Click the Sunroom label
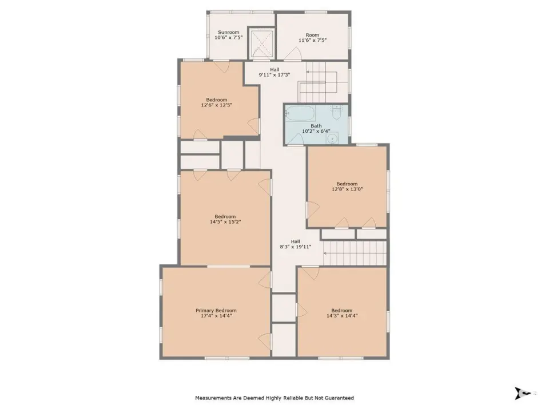click(x=228, y=32)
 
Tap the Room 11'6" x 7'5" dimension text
click(x=312, y=40)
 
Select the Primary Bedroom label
click(x=216, y=310)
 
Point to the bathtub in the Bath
click(x=300, y=113)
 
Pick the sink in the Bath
click(x=332, y=138)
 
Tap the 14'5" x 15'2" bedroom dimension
click(x=225, y=222)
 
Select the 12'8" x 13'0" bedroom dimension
click(x=347, y=189)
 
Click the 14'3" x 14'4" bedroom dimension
click(x=342, y=316)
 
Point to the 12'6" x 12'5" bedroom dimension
click(x=216, y=105)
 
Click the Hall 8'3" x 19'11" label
click(x=295, y=244)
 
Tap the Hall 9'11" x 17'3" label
click(x=274, y=72)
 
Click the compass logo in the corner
click(x=523, y=393)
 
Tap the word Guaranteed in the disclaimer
click(x=340, y=398)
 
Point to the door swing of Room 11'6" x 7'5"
click(x=293, y=53)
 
